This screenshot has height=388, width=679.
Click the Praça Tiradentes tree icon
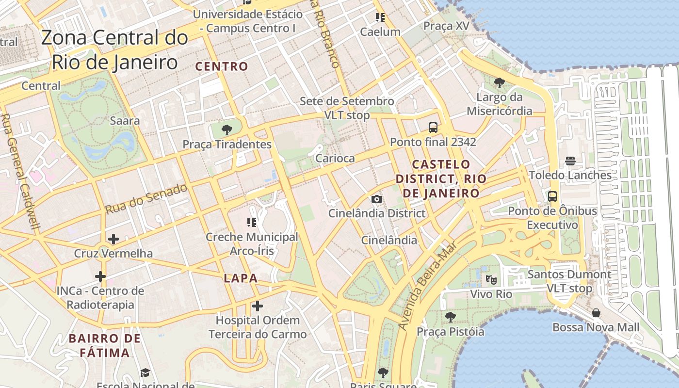pos(226,129)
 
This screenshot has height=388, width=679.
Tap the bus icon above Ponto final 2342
pos(433,128)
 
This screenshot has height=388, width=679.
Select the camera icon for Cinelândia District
pos(376,199)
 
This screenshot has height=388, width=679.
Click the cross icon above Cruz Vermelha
pos(113,239)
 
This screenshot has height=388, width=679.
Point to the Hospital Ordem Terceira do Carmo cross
pos(258,306)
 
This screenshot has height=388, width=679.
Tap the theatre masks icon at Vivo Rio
pos(491,280)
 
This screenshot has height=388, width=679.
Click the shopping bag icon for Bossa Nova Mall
pos(596,313)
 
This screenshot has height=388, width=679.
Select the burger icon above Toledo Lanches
pos(570,161)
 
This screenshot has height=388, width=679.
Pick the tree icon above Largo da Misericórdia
pos(499,83)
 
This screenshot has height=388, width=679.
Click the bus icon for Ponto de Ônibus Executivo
pos(552,196)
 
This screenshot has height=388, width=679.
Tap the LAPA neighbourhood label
pos(241,278)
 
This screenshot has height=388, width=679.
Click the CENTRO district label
pos(222,66)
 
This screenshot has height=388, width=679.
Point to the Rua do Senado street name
pos(146,198)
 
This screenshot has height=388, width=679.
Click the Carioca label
pos(335,158)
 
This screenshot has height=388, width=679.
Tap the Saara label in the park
pos(125,121)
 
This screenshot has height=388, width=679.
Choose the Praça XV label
pos(446,26)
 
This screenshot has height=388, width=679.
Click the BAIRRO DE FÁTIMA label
pos(105,345)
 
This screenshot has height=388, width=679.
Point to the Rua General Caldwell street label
pos(22,172)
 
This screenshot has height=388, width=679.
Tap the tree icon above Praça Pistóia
pos(451,317)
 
